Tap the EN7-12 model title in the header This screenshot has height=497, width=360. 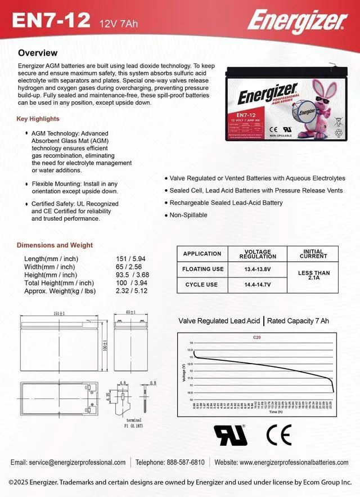pos(51,21)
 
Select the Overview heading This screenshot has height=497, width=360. pos(38,53)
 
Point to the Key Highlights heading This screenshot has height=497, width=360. pos(38,119)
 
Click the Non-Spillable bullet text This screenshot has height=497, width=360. pos(188,215)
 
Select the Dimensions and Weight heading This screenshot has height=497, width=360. pos(55,245)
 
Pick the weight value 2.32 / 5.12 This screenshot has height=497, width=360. pos(131,291)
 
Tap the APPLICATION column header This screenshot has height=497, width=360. pos(202,254)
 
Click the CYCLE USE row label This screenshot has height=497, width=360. pos(201,285)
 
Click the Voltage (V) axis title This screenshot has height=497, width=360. pos(184,371)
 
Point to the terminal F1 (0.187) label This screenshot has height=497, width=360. pos(134,423)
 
